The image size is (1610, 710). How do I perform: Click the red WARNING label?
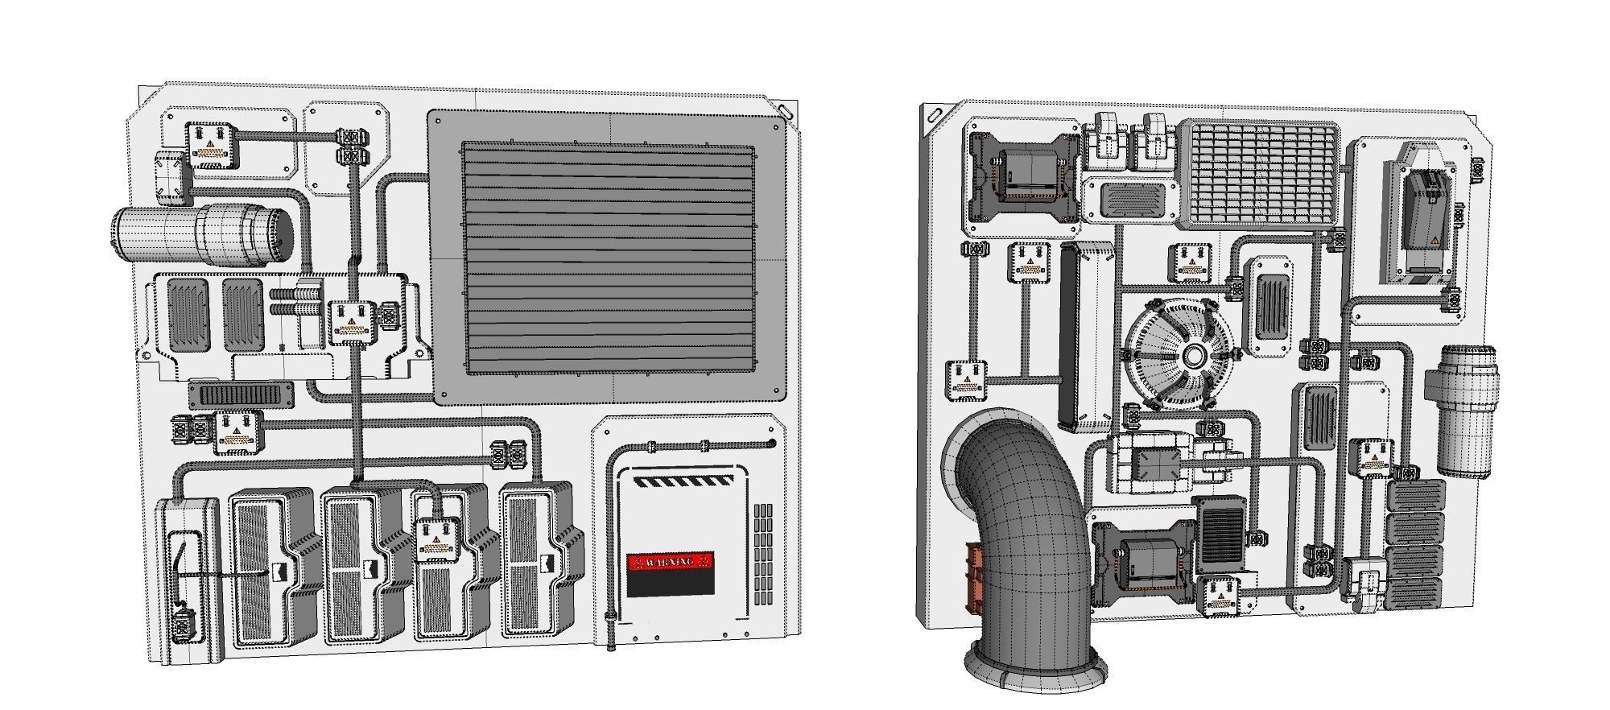point(670,561)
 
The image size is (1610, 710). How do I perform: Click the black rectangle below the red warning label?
point(670,584)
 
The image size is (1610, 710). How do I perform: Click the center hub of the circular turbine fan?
point(1193,356)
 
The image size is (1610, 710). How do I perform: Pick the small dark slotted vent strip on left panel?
point(241,394)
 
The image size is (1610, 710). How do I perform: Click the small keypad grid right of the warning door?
point(763,555)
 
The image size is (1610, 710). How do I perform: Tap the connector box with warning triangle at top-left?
point(211,145)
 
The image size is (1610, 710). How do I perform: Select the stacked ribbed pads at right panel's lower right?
point(1415,544)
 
